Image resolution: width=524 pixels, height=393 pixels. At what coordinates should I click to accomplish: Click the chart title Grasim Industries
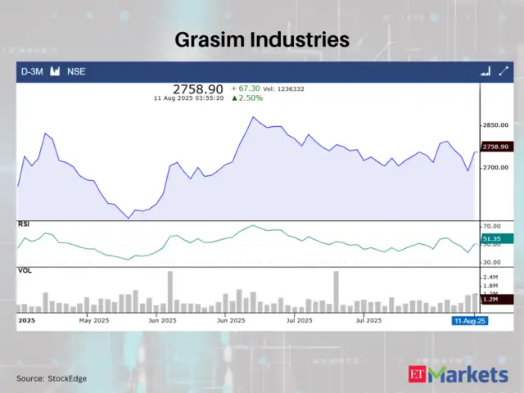point(262,38)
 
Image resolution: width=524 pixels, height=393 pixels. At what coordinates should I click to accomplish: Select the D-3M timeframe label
point(32,71)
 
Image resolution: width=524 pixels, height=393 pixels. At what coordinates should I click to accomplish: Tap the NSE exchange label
point(76,71)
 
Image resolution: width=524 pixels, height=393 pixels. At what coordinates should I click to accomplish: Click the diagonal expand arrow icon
point(504,71)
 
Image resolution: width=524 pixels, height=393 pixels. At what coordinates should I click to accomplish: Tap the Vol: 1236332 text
point(287,88)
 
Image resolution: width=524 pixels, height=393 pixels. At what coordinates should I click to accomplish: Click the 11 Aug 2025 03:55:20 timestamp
point(189,97)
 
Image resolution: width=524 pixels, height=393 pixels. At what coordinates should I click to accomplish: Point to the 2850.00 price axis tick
point(496,125)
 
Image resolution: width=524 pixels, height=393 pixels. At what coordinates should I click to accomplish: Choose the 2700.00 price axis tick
point(496,167)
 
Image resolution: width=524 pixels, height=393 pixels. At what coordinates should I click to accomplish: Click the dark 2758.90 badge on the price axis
point(496,147)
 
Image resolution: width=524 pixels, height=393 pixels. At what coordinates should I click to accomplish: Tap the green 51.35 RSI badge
point(495,237)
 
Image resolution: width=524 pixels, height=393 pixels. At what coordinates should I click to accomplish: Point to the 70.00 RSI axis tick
point(493,225)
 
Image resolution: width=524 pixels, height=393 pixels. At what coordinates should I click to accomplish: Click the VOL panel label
point(25,269)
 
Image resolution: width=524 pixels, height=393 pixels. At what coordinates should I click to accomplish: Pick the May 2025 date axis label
point(94,321)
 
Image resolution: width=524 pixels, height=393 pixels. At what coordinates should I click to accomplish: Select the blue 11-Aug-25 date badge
point(470,321)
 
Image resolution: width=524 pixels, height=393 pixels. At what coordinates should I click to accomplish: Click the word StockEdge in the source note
point(68,378)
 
